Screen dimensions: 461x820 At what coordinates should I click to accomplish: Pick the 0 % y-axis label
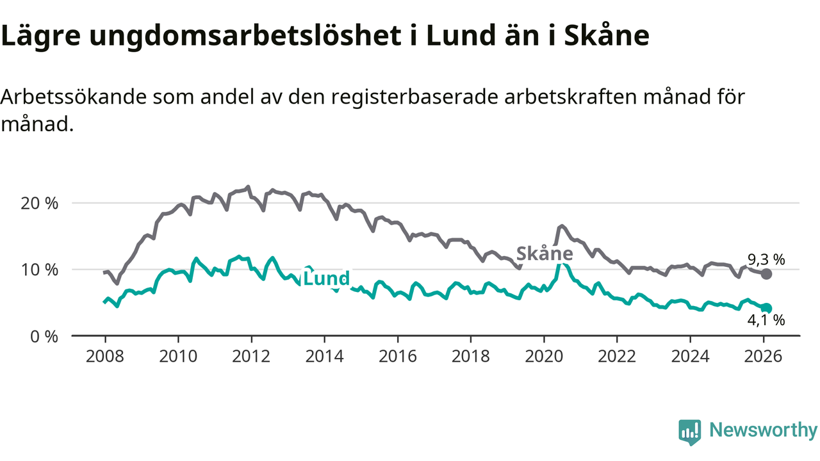[x=44, y=336]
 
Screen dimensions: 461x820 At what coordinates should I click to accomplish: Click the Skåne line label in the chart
[x=545, y=254]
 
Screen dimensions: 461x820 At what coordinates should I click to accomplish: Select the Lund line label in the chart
[x=326, y=279]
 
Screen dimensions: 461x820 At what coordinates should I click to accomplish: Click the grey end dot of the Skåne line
[x=766, y=274]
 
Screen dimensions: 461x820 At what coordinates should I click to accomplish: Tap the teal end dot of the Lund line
[x=766, y=308]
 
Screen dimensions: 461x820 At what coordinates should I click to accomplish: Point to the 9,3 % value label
[x=766, y=260]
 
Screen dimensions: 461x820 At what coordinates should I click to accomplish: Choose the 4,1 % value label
[x=766, y=321]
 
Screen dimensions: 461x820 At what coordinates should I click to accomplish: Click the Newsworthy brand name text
[x=763, y=430]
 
